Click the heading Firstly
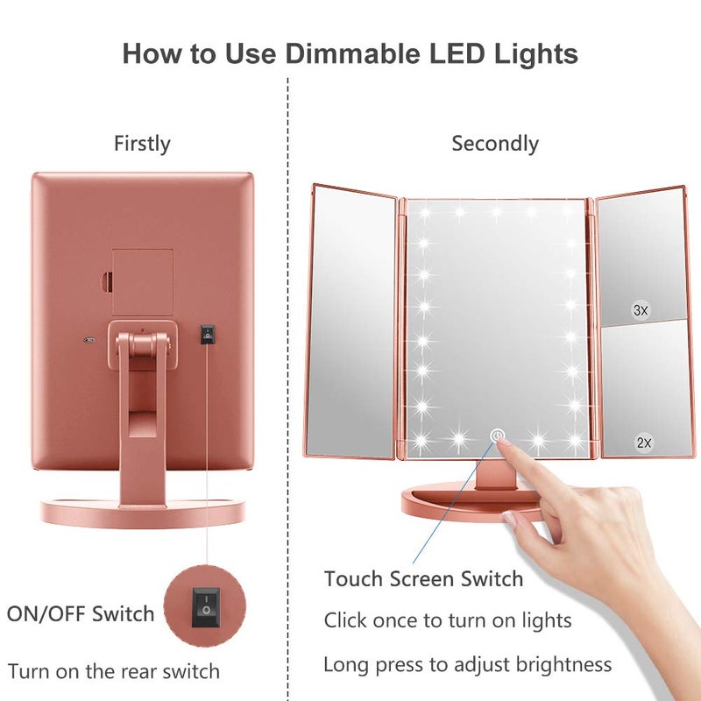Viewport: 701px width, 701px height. pyautogui.click(x=142, y=143)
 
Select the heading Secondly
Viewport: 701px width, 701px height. pyautogui.click(x=495, y=143)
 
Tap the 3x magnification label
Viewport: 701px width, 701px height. pyautogui.click(x=641, y=310)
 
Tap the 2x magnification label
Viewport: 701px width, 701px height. pyautogui.click(x=644, y=443)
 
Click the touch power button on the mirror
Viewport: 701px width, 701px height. pyautogui.click(x=497, y=435)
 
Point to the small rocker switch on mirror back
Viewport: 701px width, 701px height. pyautogui.click(x=207, y=334)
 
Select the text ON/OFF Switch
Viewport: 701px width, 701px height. pyautogui.click(x=81, y=613)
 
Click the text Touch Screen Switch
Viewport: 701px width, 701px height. pyautogui.click(x=423, y=578)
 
